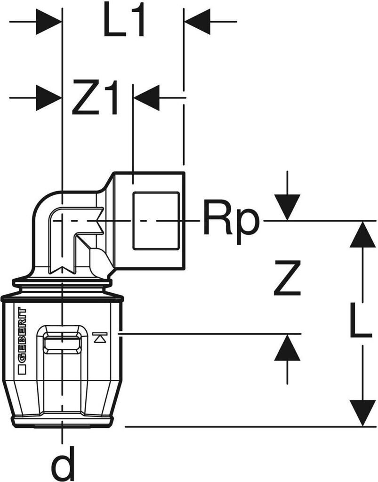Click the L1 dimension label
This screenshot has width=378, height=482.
[x=123, y=22]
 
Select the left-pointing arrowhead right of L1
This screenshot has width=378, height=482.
[x=197, y=22]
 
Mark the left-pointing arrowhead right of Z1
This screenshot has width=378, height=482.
[x=147, y=98]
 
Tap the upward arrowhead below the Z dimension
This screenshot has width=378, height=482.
[x=288, y=349]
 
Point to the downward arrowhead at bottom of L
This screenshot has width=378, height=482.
[x=362, y=413]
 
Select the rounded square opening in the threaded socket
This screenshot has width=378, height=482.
[x=156, y=220]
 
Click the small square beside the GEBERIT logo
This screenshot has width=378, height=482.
[x=21, y=371]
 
